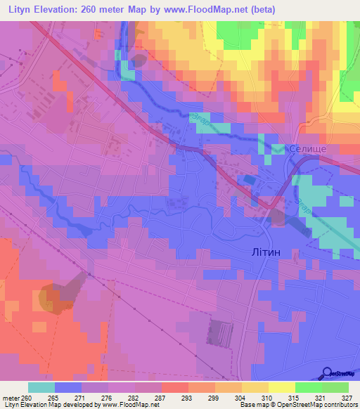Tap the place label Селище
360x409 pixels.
307,149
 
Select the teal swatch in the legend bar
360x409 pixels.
41,387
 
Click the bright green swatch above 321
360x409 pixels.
308,387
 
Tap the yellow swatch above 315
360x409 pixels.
281,387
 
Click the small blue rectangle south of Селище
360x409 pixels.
249,181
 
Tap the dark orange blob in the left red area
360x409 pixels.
49,298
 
